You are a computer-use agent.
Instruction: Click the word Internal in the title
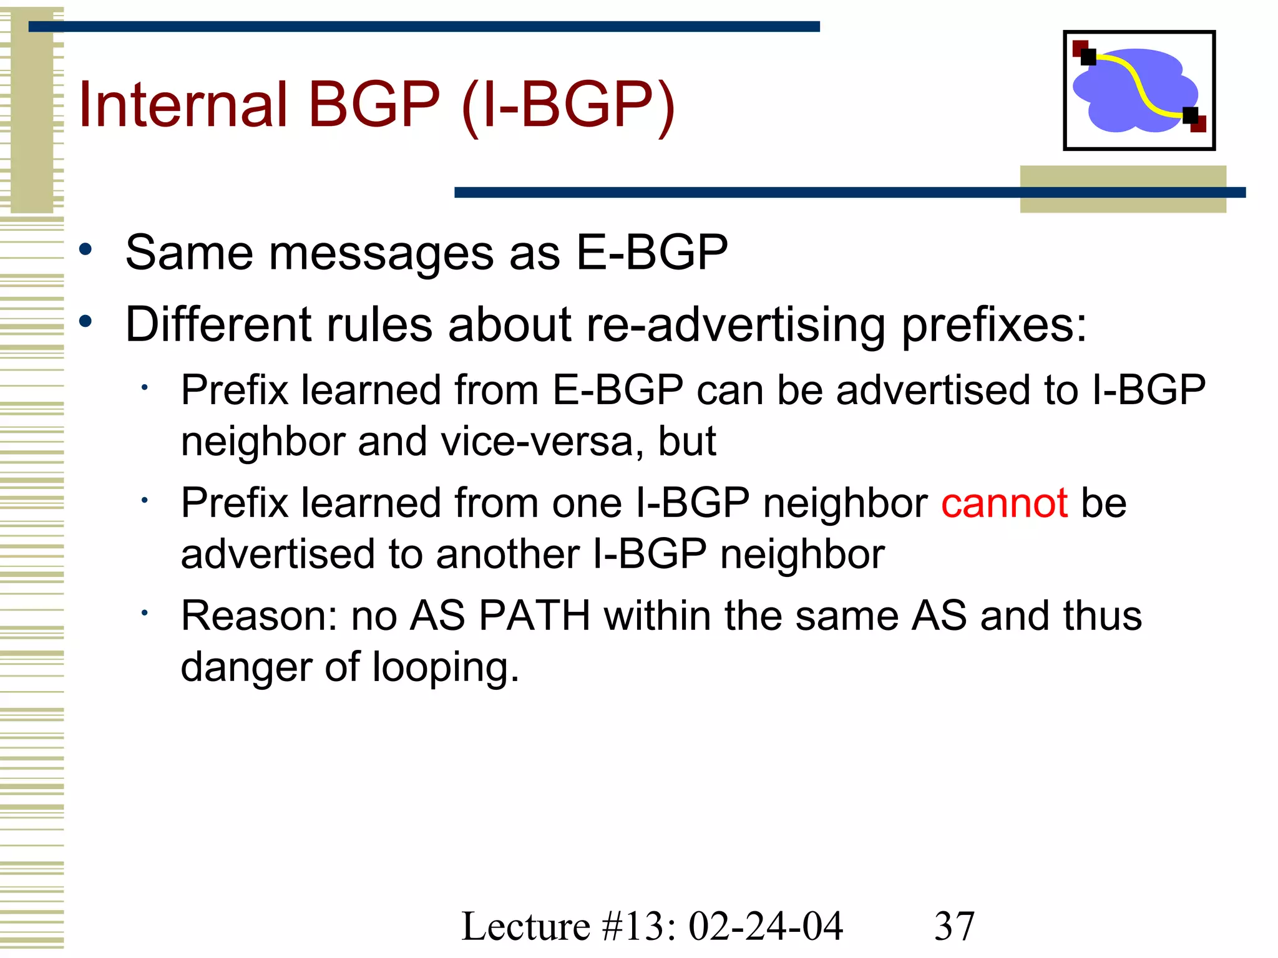[x=183, y=104]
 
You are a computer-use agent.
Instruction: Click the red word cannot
[x=1004, y=503]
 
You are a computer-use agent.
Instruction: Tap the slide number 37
[x=954, y=926]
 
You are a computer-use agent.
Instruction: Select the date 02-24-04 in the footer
[x=766, y=926]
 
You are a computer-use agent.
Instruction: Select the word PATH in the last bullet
[x=535, y=616]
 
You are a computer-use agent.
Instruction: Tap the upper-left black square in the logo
[x=1088, y=57]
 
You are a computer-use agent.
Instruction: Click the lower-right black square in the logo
[x=1190, y=115]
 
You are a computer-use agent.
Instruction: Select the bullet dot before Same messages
[x=86, y=250]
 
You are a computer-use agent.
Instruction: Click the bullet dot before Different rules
[x=86, y=322]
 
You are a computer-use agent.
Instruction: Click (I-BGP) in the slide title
[x=568, y=104]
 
